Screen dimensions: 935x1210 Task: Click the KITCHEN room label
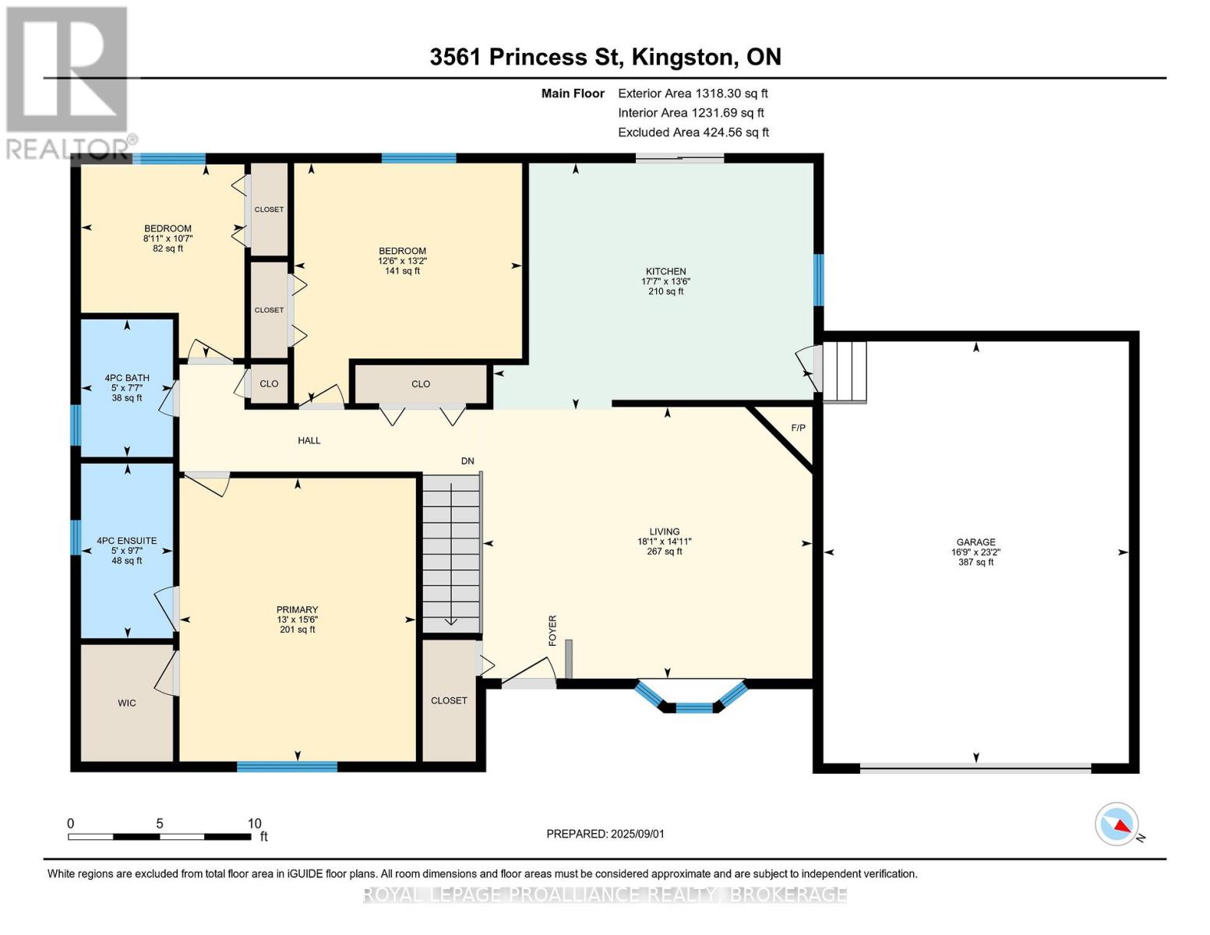pyautogui.click(x=665, y=271)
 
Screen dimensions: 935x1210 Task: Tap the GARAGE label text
pyautogui.click(x=975, y=542)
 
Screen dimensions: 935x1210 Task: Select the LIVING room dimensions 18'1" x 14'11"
pyautogui.click(x=664, y=542)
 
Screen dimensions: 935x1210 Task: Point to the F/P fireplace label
pyautogui.click(x=798, y=429)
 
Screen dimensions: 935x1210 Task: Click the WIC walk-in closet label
pyautogui.click(x=127, y=703)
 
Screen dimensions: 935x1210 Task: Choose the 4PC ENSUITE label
pyautogui.click(x=127, y=541)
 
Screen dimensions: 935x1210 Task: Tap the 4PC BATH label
pyautogui.click(x=127, y=378)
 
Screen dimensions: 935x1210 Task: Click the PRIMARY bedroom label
pyautogui.click(x=297, y=610)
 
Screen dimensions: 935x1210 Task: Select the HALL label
pyautogui.click(x=309, y=440)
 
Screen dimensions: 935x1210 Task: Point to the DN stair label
pyautogui.click(x=467, y=461)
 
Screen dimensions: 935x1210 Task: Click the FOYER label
pyautogui.click(x=552, y=630)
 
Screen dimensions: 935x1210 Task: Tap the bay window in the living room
pyautogui.click(x=693, y=700)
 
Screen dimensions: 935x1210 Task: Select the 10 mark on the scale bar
pyautogui.click(x=254, y=824)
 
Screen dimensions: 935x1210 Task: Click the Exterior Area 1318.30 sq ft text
pyautogui.click(x=693, y=93)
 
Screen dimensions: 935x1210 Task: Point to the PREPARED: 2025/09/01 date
pyautogui.click(x=605, y=834)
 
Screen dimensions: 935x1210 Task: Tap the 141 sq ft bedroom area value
pyautogui.click(x=402, y=271)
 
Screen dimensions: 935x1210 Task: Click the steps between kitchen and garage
pyautogui.click(x=845, y=372)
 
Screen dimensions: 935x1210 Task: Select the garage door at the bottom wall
pyautogui.click(x=975, y=767)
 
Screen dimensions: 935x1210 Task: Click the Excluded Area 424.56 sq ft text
pyautogui.click(x=693, y=132)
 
